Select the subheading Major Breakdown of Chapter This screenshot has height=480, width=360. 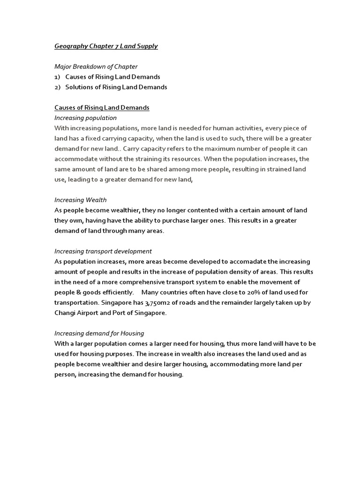(x=96, y=67)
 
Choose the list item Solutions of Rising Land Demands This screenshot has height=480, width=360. (x=116, y=87)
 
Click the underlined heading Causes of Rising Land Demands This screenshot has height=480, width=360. (x=102, y=108)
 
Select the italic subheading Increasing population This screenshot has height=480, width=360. (x=85, y=118)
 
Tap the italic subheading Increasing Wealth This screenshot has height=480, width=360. (x=81, y=200)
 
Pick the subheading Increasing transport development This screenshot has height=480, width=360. (x=103, y=251)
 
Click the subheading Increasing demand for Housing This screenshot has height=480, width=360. (x=99, y=333)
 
